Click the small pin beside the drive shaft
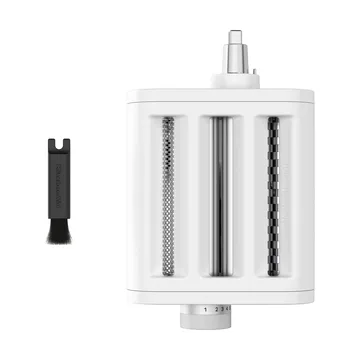[252, 73]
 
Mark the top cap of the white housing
[217, 95]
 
